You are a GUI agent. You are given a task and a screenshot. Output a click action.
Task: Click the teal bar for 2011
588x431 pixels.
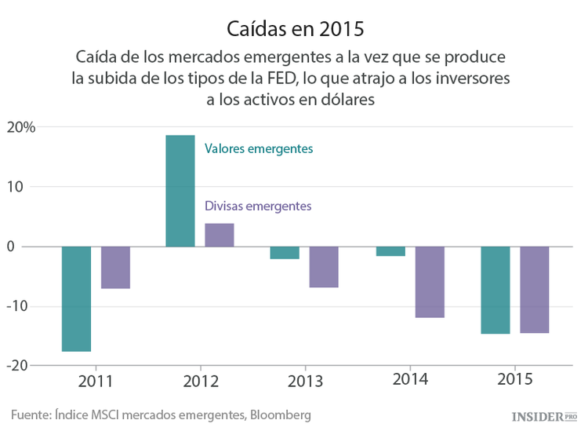pyautogui.click(x=76, y=298)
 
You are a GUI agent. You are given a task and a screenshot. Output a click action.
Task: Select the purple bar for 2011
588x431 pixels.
pyautogui.click(x=115, y=268)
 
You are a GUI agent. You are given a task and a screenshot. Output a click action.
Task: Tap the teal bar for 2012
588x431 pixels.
pyautogui.click(x=180, y=191)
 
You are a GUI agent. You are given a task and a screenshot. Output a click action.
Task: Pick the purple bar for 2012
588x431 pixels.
pyautogui.click(x=220, y=235)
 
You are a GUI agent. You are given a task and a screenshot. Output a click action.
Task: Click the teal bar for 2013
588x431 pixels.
pyautogui.click(x=285, y=253)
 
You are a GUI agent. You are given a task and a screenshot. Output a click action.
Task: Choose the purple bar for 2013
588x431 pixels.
pyautogui.click(x=324, y=267)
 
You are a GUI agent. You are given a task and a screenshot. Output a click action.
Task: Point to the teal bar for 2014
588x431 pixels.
pyautogui.click(x=390, y=251)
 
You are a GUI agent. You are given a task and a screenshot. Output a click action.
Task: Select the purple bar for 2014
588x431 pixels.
pyautogui.click(x=430, y=282)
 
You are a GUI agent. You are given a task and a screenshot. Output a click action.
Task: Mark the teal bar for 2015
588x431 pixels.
pyautogui.click(x=495, y=290)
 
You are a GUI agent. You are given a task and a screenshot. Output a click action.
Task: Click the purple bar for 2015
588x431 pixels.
pyautogui.click(x=535, y=290)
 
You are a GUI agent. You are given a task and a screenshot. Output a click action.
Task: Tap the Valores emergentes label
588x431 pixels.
pyautogui.click(x=258, y=148)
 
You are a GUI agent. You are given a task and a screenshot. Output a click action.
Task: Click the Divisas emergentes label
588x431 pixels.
pyautogui.click(x=258, y=206)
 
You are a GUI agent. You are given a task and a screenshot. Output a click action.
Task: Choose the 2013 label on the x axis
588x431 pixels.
pyautogui.click(x=304, y=382)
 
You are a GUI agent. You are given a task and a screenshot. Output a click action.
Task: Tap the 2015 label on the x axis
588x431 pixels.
pyautogui.click(x=515, y=380)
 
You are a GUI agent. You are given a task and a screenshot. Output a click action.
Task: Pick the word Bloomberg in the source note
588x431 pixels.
pyautogui.click(x=278, y=415)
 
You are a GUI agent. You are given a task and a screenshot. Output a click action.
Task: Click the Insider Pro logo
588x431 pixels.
pyautogui.click(x=543, y=415)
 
